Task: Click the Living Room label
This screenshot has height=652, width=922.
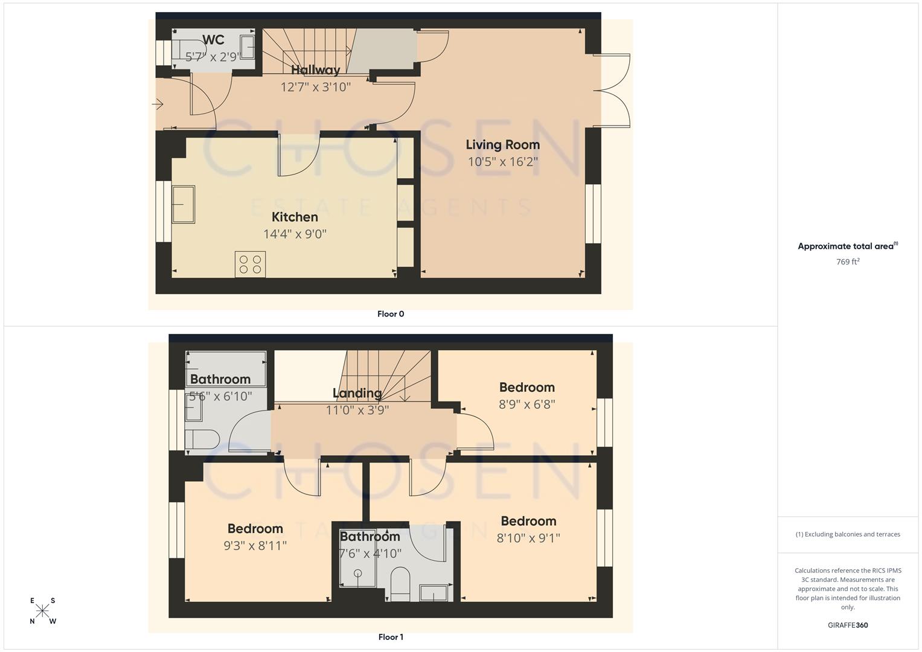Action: click(x=502, y=145)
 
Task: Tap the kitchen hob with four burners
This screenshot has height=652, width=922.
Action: click(x=250, y=264)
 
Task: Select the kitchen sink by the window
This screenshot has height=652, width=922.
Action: click(x=184, y=205)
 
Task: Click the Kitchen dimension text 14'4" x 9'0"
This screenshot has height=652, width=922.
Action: click(x=295, y=234)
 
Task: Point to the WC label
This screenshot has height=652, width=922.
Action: click(x=213, y=40)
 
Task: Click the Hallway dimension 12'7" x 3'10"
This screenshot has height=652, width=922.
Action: click(x=315, y=87)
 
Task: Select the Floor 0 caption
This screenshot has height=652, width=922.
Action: click(x=391, y=314)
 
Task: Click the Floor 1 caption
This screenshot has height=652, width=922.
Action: click(x=391, y=637)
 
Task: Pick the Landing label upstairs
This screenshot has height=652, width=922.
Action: click(x=357, y=394)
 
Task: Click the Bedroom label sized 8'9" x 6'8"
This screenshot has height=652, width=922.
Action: click(x=527, y=388)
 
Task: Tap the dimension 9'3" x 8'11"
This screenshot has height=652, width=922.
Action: click(x=255, y=546)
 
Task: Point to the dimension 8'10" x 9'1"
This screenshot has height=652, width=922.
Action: click(x=528, y=538)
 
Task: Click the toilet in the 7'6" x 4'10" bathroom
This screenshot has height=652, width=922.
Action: click(x=400, y=584)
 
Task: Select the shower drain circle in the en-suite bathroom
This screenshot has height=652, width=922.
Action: click(x=357, y=573)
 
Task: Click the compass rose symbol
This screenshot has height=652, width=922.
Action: click(x=42, y=611)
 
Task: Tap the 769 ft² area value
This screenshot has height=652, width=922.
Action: click(x=848, y=262)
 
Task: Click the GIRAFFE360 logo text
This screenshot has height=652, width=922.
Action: click(x=848, y=625)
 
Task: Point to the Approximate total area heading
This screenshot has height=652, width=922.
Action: click(x=847, y=246)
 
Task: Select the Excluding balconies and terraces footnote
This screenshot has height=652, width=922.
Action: click(x=848, y=534)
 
